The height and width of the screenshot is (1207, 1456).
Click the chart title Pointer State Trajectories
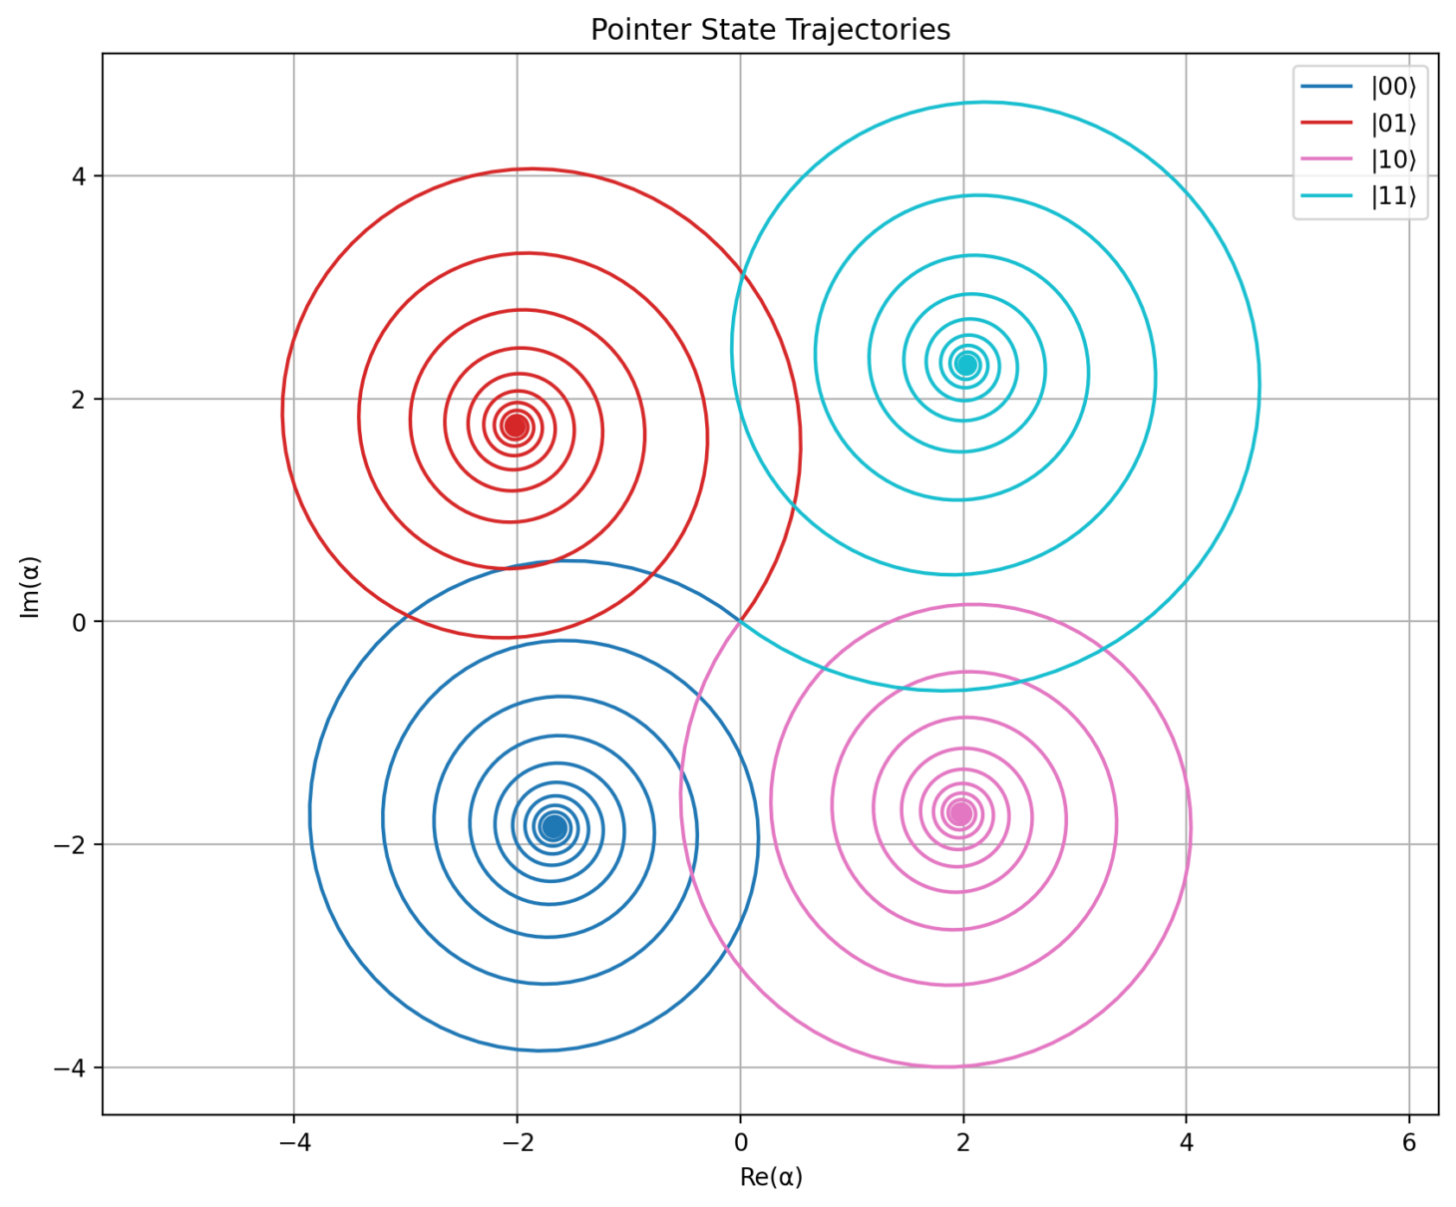click(x=770, y=30)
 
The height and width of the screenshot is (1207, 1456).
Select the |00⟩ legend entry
click(x=1393, y=87)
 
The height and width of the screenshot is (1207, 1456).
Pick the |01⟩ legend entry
click(x=1393, y=124)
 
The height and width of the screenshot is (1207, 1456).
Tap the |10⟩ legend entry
click(x=1393, y=159)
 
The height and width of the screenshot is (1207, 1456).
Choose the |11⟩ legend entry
click(x=1393, y=196)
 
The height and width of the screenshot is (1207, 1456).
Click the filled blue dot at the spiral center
click(x=554, y=826)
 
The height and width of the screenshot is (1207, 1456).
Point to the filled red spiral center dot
click(x=516, y=427)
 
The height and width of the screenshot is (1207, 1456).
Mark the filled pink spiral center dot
click(x=960, y=813)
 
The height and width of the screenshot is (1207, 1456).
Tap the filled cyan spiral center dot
click(x=965, y=364)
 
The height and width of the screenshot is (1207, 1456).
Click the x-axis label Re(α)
click(x=771, y=1177)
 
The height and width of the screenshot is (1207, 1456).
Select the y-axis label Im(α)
click(x=30, y=587)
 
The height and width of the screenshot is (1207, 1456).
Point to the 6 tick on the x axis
click(x=1409, y=1142)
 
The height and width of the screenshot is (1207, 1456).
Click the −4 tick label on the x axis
click(x=293, y=1142)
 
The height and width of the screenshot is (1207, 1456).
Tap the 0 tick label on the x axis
click(x=740, y=1142)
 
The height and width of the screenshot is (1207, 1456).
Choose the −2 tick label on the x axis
click(x=517, y=1142)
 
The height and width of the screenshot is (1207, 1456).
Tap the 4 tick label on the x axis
click(x=1186, y=1142)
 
